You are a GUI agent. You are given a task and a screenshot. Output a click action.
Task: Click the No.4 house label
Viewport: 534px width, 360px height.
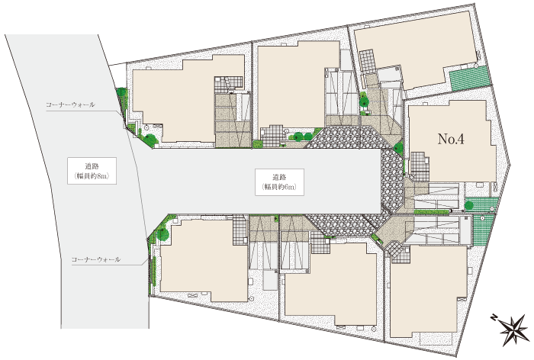click(451, 139)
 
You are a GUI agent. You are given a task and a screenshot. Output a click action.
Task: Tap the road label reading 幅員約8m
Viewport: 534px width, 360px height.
click(92, 176)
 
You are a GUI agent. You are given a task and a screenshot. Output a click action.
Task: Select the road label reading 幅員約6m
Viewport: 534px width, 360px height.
click(280, 187)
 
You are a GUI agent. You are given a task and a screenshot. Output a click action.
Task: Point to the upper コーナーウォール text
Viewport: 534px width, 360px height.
click(70, 104)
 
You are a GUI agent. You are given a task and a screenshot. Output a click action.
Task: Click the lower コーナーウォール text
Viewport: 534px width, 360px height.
click(96, 259)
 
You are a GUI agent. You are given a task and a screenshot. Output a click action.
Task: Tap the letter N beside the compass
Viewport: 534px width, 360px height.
click(494, 318)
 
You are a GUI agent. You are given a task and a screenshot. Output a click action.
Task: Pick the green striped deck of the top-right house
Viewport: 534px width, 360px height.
click(471, 79)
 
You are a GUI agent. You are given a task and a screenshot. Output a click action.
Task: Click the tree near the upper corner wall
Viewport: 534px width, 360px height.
click(150, 139)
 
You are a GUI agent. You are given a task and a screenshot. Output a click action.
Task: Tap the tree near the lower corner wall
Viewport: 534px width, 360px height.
click(162, 234)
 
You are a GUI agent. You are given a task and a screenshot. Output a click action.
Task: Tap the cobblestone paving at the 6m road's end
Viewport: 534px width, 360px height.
click(391, 181)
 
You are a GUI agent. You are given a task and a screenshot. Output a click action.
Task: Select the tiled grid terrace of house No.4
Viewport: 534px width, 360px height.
click(420, 166)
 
